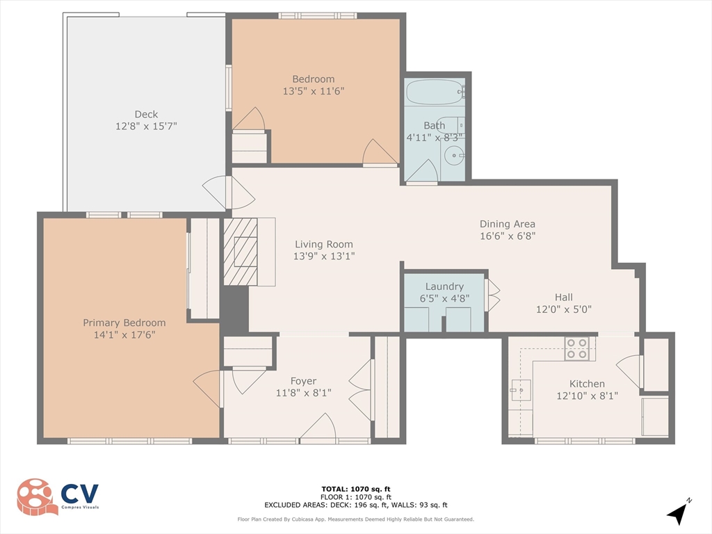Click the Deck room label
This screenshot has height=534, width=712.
[x=146, y=114]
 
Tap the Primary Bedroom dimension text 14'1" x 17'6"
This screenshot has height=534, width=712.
[x=124, y=334]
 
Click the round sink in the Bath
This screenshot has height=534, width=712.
[x=454, y=156]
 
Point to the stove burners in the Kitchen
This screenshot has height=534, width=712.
[x=576, y=348]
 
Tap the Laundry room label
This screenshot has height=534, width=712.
[x=444, y=286]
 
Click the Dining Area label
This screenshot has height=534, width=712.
[x=508, y=224]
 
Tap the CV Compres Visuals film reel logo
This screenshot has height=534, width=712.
[x=38, y=496]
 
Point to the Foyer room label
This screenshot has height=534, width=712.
[x=303, y=381]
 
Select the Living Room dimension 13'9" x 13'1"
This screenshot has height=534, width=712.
[x=324, y=256]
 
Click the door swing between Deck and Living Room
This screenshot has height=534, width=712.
[x=228, y=193]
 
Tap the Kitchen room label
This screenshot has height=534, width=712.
[x=587, y=384]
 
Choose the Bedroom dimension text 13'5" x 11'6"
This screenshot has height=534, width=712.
[x=314, y=90]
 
